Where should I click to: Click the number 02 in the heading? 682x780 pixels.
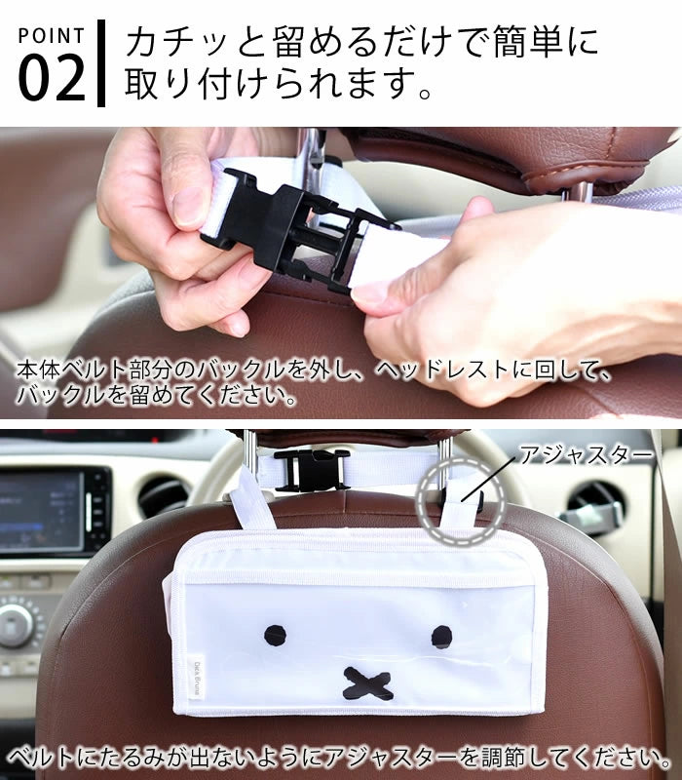52,78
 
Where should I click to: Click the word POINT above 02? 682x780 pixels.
52,36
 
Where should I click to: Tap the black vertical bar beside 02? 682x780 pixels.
101,63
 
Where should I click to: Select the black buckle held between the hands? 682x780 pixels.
298,228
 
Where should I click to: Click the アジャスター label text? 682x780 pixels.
586,454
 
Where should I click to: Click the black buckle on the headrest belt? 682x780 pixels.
312,470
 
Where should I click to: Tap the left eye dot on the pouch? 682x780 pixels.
275,636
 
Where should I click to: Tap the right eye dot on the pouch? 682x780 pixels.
441,637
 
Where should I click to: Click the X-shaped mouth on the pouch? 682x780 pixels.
367,684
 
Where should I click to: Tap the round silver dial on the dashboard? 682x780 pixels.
16,625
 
